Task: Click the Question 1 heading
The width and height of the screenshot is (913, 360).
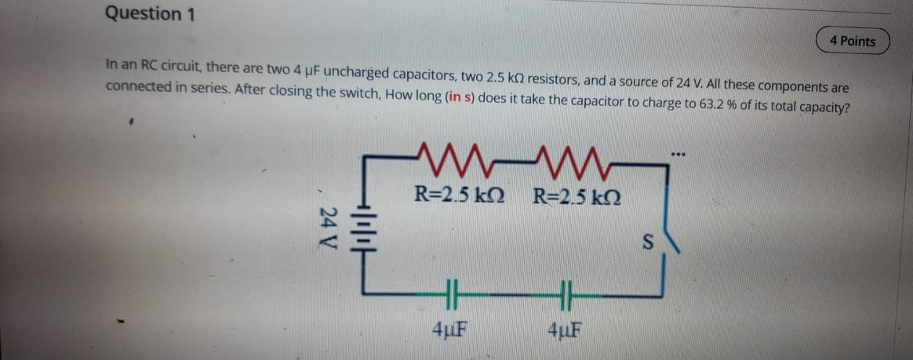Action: click(x=150, y=13)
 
